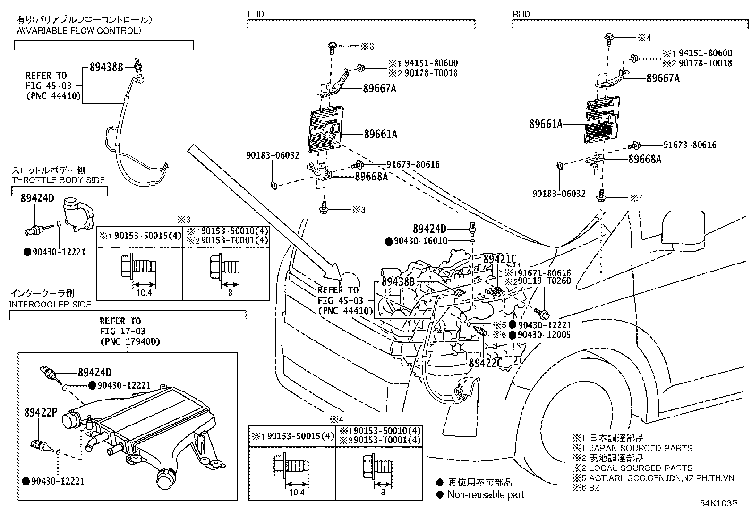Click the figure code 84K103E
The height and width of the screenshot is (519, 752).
[x=718, y=503]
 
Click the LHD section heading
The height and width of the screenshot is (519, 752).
[x=256, y=14]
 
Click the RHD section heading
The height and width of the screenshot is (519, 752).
[x=521, y=14]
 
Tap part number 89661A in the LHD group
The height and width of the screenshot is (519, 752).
[x=380, y=135]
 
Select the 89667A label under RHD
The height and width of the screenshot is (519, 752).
[x=663, y=78]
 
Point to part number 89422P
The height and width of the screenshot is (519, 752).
[x=41, y=413]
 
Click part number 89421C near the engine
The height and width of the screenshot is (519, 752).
[x=500, y=259]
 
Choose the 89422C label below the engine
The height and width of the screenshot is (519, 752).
[x=486, y=363]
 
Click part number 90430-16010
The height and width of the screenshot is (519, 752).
[x=421, y=241]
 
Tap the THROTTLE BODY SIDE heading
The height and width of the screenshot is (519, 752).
[x=59, y=180]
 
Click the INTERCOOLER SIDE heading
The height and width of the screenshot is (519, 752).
[x=50, y=304]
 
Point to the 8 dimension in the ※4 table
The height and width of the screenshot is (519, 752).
[x=383, y=492]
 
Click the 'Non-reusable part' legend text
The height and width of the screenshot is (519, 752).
[x=485, y=495]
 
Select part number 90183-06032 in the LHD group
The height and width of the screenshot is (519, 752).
[x=273, y=155]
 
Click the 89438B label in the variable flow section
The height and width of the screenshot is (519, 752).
[x=106, y=68]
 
